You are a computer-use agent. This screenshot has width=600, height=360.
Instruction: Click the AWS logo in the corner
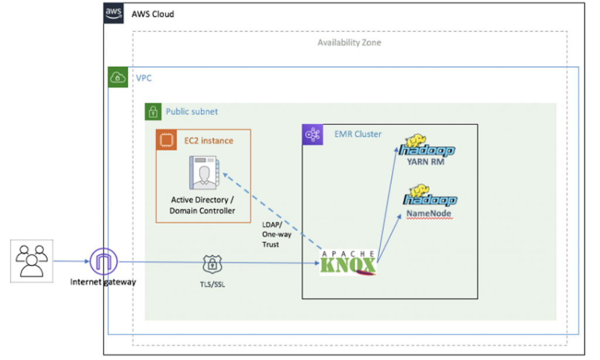click(114, 13)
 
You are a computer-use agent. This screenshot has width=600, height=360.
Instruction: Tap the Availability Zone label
click(349, 42)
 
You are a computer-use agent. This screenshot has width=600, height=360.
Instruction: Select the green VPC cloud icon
click(118, 77)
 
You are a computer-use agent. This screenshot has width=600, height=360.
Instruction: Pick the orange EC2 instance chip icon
click(165, 140)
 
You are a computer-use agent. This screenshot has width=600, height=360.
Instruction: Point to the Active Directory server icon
click(203, 173)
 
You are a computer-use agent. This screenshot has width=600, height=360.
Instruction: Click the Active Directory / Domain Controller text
click(203, 205)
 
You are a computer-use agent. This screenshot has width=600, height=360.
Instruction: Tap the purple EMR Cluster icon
click(311, 134)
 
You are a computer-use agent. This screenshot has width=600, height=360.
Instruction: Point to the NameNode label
click(429, 214)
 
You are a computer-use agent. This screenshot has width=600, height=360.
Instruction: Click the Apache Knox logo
click(347, 262)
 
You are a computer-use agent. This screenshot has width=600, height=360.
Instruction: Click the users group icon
click(32, 261)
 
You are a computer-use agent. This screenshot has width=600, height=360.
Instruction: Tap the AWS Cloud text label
click(153, 13)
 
